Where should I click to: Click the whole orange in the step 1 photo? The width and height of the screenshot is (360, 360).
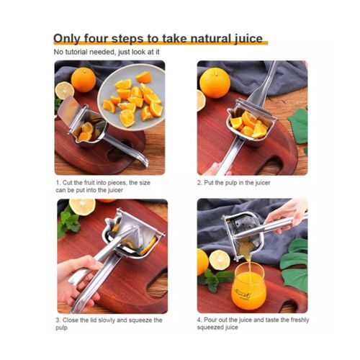pyautogui.click(x=84, y=79)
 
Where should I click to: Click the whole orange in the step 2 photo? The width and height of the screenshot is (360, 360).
pyautogui.click(x=215, y=83)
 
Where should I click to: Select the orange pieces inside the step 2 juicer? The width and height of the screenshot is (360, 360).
pyautogui.click(x=248, y=123)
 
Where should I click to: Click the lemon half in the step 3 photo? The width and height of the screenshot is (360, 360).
pyautogui.click(x=82, y=207)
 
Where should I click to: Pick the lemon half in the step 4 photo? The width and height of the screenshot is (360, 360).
pyautogui.click(x=219, y=260)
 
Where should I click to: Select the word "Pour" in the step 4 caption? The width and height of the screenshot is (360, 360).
pyautogui.click(x=215, y=320)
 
